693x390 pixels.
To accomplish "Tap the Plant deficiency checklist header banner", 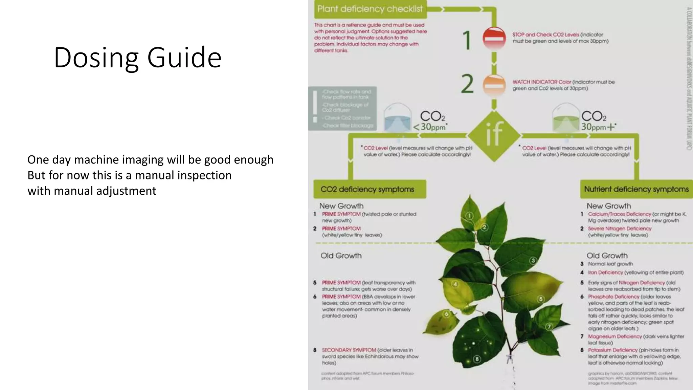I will pos(370,9).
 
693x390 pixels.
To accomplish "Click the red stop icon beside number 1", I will pos(494,38).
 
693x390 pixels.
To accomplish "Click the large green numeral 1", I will pos(467,40).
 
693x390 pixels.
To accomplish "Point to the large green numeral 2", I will pos(467,84).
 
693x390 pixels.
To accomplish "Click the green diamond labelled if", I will pos(494,134).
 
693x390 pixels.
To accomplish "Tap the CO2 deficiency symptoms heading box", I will pos(370,189).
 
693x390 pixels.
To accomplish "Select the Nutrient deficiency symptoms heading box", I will pos(636,189).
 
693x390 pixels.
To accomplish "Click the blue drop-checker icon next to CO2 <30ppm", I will pos(398,118).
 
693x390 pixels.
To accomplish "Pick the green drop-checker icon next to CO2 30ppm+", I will pos(565,118).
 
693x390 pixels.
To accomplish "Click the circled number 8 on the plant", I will pos(477,359).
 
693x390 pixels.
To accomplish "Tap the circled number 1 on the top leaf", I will pos(469,216).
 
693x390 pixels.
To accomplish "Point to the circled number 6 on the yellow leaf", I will pos(446,314).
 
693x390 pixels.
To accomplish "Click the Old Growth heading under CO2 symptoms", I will pos(341,256).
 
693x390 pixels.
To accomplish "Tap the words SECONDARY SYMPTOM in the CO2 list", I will pos(349,350).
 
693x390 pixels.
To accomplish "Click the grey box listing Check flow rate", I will pos(342,108).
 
